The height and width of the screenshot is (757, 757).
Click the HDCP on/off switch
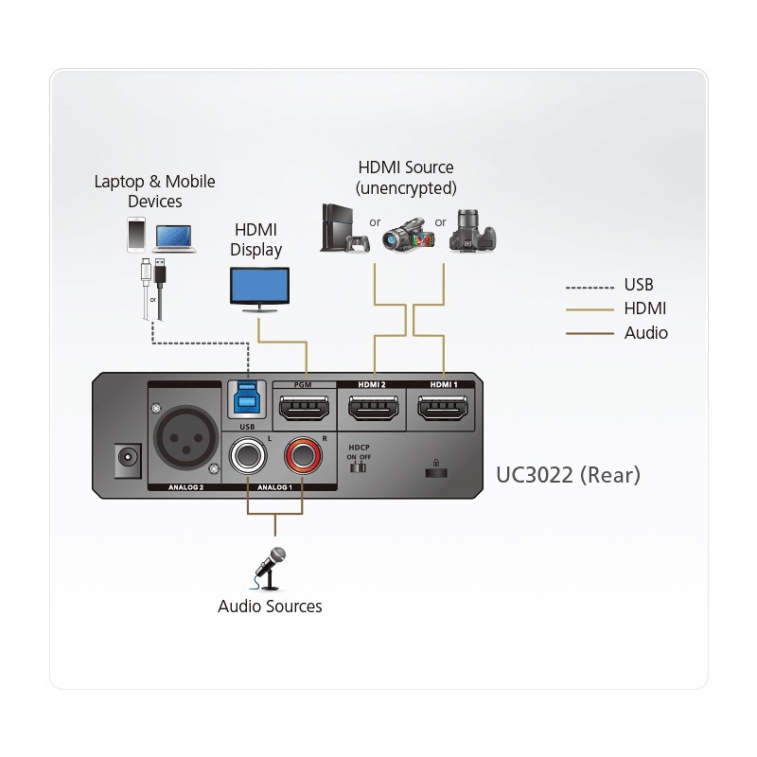click(x=358, y=467)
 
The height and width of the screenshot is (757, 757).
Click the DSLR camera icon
click(x=473, y=231)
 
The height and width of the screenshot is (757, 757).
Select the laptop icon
click(x=175, y=238)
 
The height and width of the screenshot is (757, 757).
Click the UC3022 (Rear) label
click(x=568, y=474)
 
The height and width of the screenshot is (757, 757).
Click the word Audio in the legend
click(x=645, y=333)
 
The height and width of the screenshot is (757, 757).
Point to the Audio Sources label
click(x=270, y=607)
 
